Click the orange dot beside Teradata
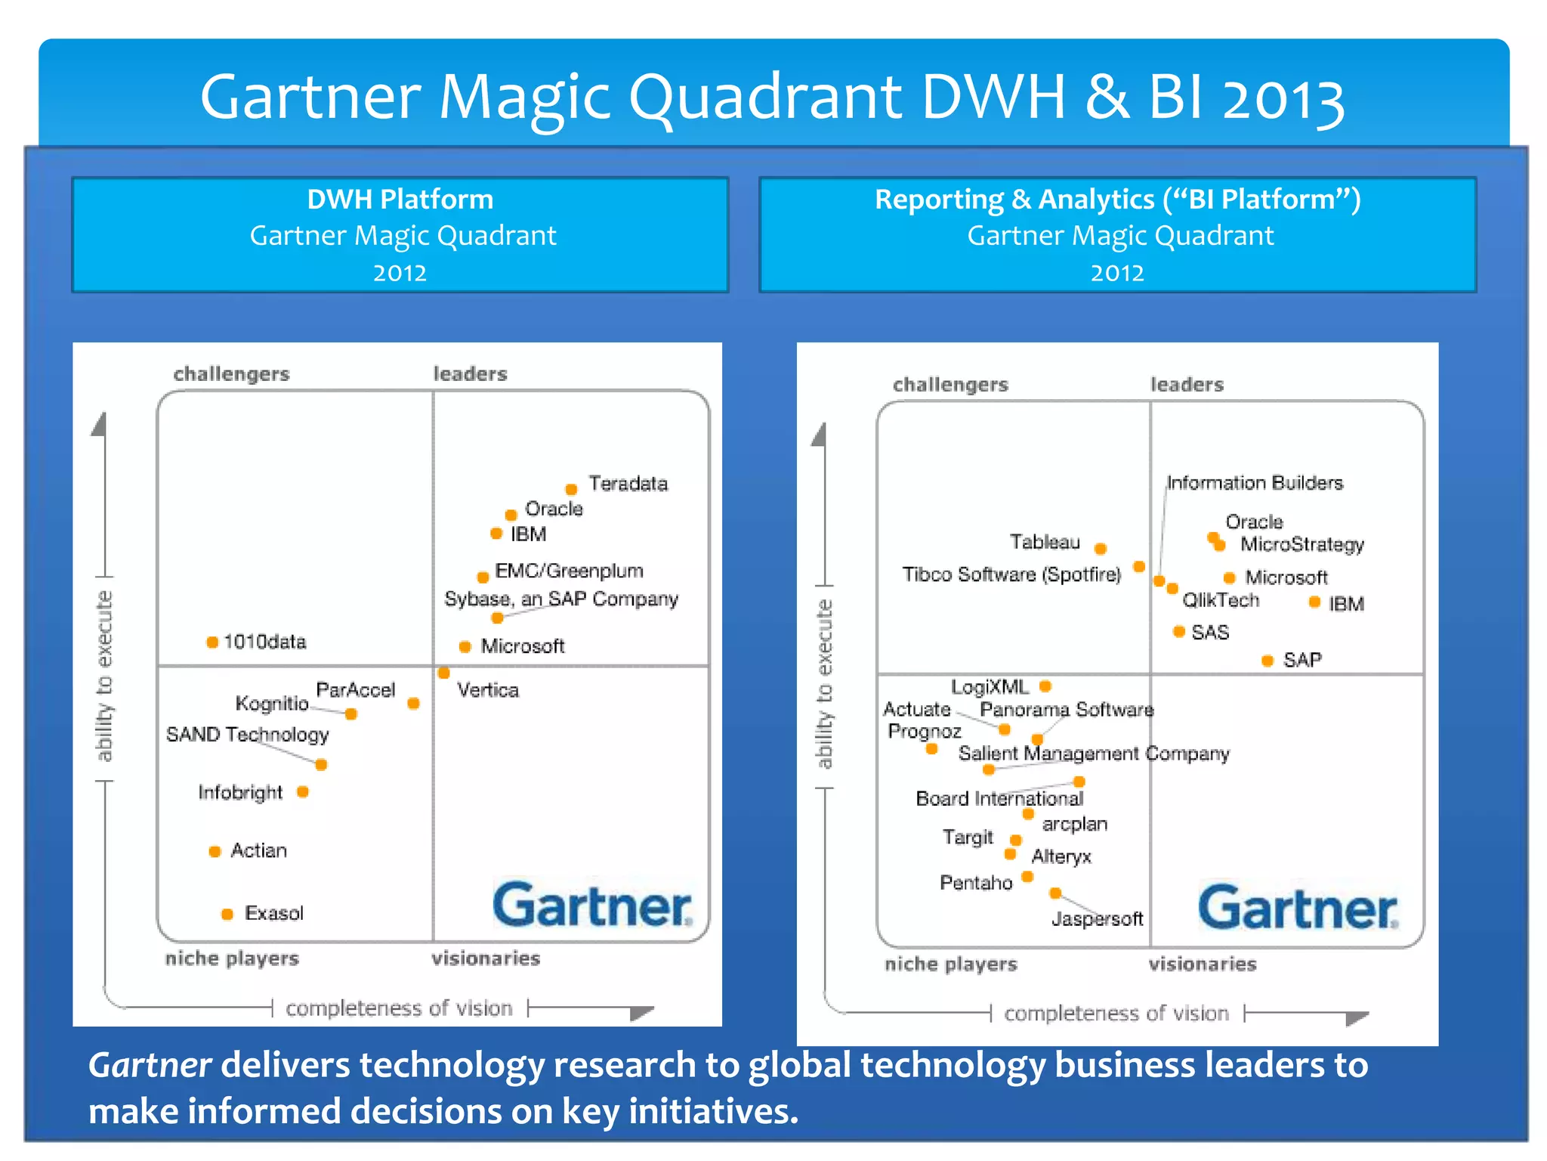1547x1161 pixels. coord(572,489)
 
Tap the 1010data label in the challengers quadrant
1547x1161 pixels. coord(264,642)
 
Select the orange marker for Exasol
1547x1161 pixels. coord(227,914)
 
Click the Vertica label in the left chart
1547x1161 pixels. coord(488,690)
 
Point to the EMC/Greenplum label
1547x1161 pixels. coord(569,571)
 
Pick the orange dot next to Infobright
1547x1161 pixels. coord(303,791)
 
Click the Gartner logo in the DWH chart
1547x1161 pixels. coord(592,905)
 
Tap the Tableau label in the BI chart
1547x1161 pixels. coord(1045,542)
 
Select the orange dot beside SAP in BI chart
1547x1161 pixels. coord(1268,661)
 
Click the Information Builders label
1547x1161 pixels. coord(1255,483)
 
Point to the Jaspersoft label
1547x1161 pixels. coord(1097,919)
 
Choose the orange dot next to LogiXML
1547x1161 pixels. coord(1045,686)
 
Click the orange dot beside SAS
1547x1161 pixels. coord(1178,631)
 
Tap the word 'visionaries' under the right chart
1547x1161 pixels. coord(1203,964)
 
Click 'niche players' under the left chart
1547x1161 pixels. coord(232,958)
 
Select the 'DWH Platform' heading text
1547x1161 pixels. coord(400,200)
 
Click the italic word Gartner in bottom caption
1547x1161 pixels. coord(150,1065)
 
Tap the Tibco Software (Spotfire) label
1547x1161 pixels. coord(1011,574)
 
